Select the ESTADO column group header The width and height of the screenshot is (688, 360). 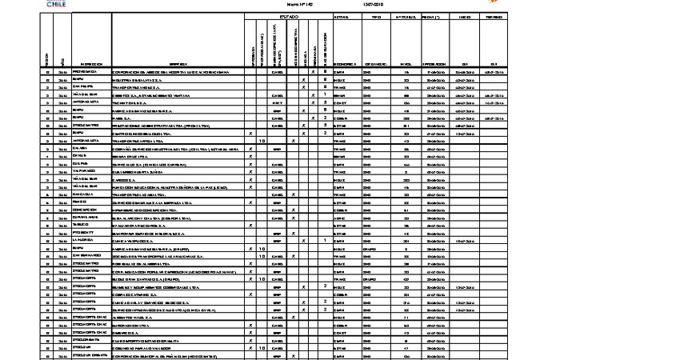[288, 16]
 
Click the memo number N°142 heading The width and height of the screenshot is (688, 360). [287, 4]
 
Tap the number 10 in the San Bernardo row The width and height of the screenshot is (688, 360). [262, 255]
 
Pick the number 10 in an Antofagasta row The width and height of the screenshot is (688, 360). [262, 141]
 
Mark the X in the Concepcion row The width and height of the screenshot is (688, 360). [252, 210]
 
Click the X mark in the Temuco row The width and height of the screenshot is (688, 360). [252, 225]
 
